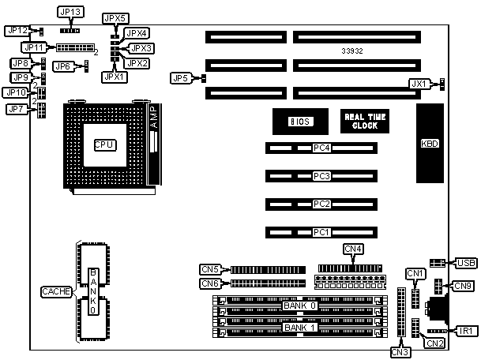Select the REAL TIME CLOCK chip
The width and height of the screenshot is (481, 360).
click(x=366, y=121)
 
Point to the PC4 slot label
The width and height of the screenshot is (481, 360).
click(x=321, y=148)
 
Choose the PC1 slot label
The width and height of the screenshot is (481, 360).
click(x=321, y=232)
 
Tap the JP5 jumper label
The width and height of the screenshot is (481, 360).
click(x=181, y=78)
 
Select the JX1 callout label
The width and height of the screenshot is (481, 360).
click(x=419, y=83)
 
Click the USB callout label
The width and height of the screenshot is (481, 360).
click(x=464, y=262)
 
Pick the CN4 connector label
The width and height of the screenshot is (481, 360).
click(x=354, y=249)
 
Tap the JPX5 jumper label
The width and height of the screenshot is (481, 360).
click(x=114, y=17)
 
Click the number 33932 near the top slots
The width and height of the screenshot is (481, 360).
click(x=354, y=51)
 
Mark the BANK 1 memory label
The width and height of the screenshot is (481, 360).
click(x=300, y=327)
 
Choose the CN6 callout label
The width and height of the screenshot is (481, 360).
click(x=210, y=283)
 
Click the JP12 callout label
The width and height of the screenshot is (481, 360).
click(x=17, y=30)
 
